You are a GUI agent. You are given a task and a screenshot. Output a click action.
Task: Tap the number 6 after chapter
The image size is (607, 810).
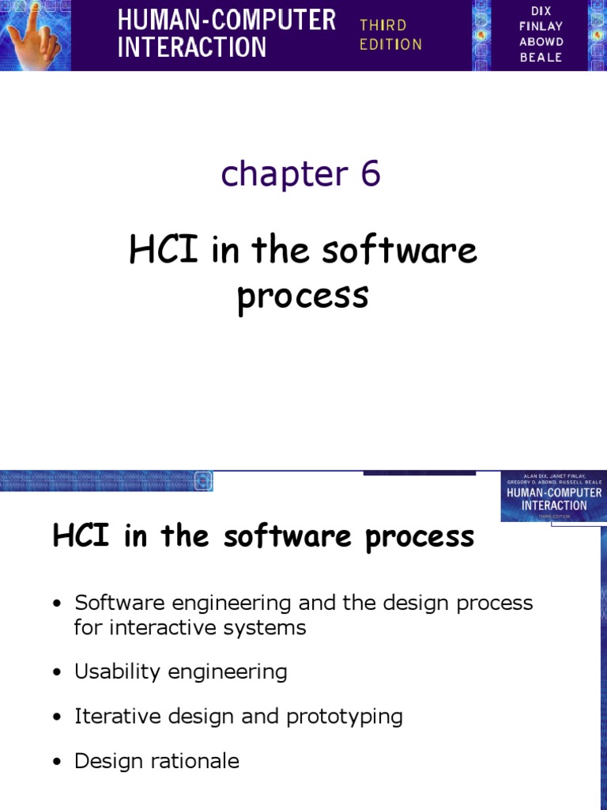(x=371, y=173)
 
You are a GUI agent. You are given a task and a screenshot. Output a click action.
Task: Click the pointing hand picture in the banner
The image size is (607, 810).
(x=36, y=36)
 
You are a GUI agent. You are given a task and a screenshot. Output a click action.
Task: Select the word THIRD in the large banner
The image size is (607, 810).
(x=383, y=25)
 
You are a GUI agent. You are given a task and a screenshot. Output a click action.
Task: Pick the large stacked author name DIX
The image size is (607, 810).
(x=541, y=11)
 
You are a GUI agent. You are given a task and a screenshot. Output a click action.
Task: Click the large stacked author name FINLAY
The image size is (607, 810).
(x=541, y=26)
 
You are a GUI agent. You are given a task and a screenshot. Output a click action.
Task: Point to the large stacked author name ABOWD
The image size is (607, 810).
(x=541, y=42)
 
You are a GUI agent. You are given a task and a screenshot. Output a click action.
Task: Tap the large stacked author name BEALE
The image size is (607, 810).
(x=541, y=58)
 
